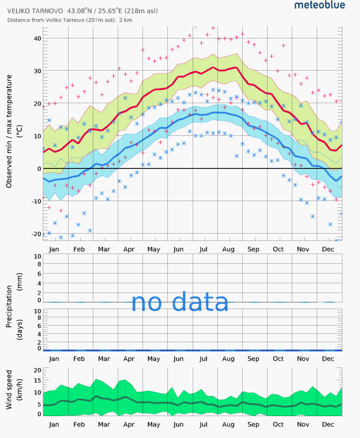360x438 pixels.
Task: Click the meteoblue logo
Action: coord(320,5)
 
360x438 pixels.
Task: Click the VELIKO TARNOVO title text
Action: coord(35,11)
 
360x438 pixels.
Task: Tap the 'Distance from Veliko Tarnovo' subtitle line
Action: coord(70,20)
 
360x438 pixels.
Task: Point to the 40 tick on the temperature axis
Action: coord(37,38)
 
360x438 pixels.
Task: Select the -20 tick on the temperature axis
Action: coord(36,234)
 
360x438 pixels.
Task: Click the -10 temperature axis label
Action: coord(36,201)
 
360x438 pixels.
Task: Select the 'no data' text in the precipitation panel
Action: coord(180,302)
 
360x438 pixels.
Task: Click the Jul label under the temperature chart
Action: coord(203,249)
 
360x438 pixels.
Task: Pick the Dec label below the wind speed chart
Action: coord(328,424)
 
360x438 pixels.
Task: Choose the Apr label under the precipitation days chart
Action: coord(129,359)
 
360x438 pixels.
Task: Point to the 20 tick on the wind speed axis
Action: coord(37,370)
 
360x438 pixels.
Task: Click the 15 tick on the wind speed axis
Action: coord(37,380)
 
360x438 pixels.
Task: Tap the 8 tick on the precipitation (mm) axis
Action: coord(39,264)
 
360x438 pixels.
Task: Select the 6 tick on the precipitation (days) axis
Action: coord(39,326)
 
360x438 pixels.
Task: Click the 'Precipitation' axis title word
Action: coord(9,306)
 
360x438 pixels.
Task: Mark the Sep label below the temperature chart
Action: coord(253,249)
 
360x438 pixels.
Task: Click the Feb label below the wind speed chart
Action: coord(79,424)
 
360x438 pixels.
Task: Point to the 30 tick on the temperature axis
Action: coord(37,71)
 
